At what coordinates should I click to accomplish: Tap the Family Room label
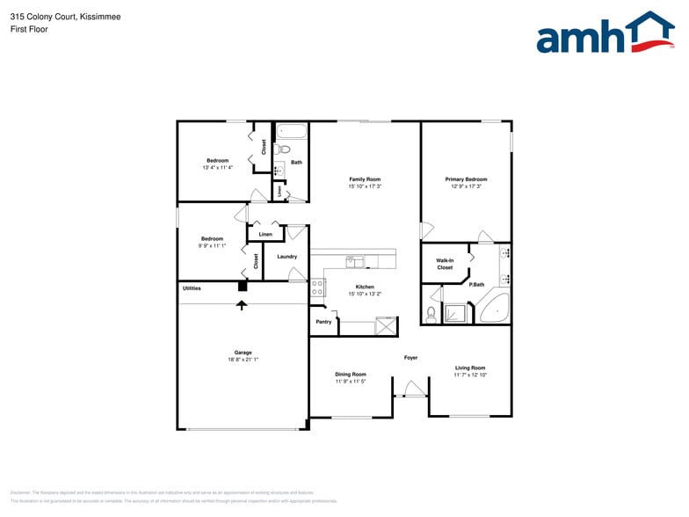tap(365, 179)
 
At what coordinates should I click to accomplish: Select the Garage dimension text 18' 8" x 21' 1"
tap(243, 360)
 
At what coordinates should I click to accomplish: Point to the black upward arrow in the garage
tap(243, 304)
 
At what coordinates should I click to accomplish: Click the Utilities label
tap(192, 288)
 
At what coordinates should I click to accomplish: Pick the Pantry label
tap(324, 322)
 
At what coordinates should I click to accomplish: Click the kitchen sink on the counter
tap(354, 261)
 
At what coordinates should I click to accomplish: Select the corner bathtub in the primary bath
tap(494, 307)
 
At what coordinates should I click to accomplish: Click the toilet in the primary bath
tap(432, 313)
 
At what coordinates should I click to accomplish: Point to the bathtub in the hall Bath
tap(292, 133)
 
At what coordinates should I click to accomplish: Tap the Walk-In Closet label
tap(445, 264)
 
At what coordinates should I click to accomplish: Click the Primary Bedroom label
tap(466, 179)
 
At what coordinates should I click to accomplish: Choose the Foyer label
tap(410, 358)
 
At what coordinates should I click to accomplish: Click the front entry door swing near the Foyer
tap(410, 389)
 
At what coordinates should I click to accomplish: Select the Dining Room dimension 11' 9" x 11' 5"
tap(351, 382)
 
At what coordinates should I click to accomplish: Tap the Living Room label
tap(470, 368)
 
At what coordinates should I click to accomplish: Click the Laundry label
tap(286, 257)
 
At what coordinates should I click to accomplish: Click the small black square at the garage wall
tap(243, 286)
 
